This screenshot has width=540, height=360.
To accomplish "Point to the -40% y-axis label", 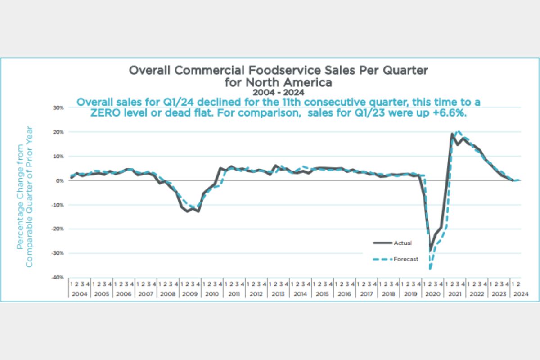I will (x=59, y=278).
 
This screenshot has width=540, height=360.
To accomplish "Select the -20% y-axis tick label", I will (x=59, y=229).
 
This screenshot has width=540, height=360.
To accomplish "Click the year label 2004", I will (x=79, y=294).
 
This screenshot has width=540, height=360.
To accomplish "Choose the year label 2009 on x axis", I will (x=189, y=294).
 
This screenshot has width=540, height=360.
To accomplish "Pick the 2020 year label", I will (x=432, y=294).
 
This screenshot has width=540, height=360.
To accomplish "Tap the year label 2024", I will (x=521, y=294).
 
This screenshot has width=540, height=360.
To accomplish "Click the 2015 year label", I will (x=322, y=294).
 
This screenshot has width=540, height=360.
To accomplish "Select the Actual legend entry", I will (x=402, y=243).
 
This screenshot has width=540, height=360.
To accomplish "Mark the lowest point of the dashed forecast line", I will (x=430, y=269).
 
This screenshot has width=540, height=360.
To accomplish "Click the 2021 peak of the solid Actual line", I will (x=452, y=134).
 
